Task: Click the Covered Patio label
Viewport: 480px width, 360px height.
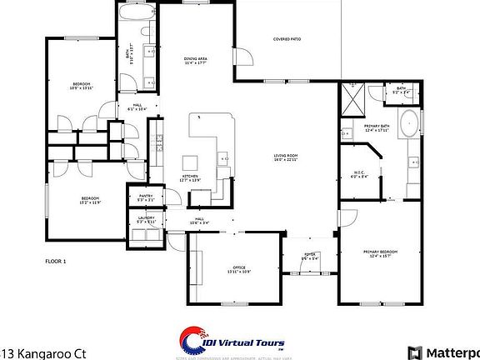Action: tap(287, 39)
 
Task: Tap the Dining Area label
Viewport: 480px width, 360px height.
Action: tap(197, 61)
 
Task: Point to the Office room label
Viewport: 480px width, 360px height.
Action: tap(238, 269)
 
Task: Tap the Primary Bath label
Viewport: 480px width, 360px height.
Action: tap(377, 128)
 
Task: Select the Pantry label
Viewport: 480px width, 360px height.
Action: tap(145, 198)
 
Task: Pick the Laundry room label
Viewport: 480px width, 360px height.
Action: tap(146, 220)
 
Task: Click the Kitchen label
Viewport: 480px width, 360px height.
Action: tap(191, 178)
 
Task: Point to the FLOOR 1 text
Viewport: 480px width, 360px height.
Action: tap(55, 261)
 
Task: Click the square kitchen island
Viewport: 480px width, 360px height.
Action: tap(190, 161)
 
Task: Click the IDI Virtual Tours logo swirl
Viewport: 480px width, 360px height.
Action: tap(191, 337)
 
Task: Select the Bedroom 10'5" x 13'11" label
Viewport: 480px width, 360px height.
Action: tap(81, 86)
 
